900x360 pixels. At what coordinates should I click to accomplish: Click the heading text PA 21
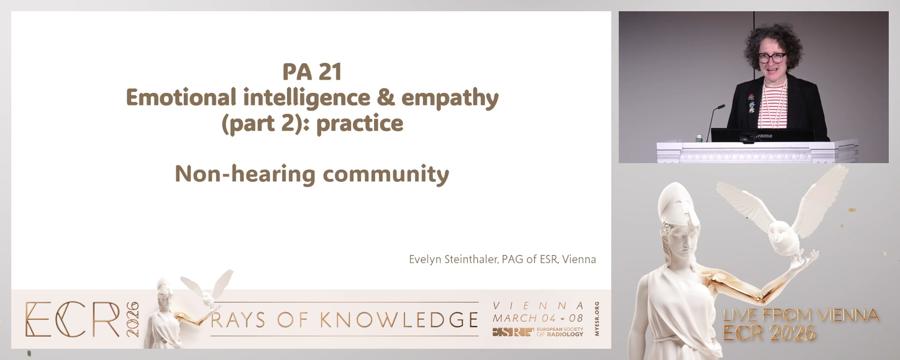(312, 72)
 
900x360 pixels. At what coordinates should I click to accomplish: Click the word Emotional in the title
(181, 97)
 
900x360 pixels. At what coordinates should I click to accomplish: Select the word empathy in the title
(450, 98)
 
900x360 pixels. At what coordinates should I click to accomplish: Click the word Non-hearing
(245, 174)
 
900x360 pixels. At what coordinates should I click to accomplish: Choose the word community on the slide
(386, 174)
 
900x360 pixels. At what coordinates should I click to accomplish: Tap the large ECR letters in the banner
(73, 319)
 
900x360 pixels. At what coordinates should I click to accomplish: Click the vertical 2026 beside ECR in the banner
(133, 319)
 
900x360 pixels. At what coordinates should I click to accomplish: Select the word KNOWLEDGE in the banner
(399, 320)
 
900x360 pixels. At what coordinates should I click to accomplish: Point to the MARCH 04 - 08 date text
(538, 318)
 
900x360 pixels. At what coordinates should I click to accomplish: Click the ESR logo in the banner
(513, 332)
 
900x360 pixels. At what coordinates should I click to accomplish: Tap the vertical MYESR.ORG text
(597, 319)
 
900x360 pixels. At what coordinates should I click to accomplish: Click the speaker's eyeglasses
(770, 58)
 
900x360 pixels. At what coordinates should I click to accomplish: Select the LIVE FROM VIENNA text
(801, 315)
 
